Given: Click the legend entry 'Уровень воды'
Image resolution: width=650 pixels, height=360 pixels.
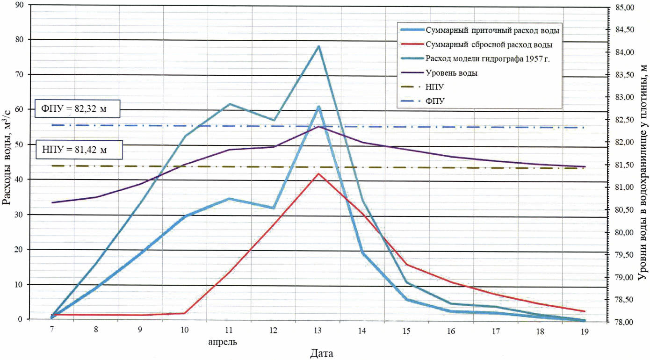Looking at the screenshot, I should [451, 73].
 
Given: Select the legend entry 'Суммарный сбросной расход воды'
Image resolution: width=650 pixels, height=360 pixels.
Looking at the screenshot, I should [489, 45].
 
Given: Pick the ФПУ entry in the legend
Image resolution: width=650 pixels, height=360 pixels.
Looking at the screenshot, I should [434, 101].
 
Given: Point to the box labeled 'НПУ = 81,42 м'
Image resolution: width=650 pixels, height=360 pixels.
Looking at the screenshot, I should [79, 150].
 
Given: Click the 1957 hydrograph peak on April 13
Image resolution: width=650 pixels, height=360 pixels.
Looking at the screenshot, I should [318, 46].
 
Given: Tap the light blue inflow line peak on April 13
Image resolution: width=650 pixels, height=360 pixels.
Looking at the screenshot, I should [318, 107].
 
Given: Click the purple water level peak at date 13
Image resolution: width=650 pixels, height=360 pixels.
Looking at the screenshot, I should [318, 127].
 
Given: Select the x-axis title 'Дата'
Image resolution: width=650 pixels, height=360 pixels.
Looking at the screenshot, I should [322, 353].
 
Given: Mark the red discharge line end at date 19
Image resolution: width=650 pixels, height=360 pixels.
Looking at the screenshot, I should [585, 311].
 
